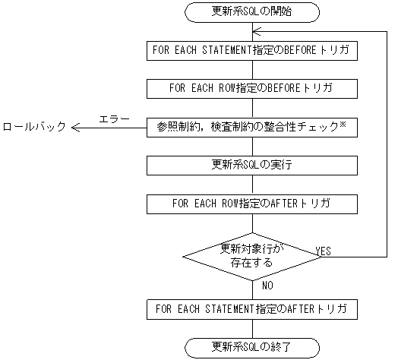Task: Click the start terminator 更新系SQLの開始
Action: (251, 11)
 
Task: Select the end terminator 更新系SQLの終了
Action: (251, 348)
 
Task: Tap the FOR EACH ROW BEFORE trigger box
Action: (251, 88)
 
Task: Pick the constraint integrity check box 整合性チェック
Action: (251, 127)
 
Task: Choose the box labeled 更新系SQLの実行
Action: (251, 165)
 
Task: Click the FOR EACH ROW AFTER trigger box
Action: (251, 204)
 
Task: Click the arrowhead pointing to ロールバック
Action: (76, 128)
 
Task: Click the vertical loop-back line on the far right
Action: (387, 144)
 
